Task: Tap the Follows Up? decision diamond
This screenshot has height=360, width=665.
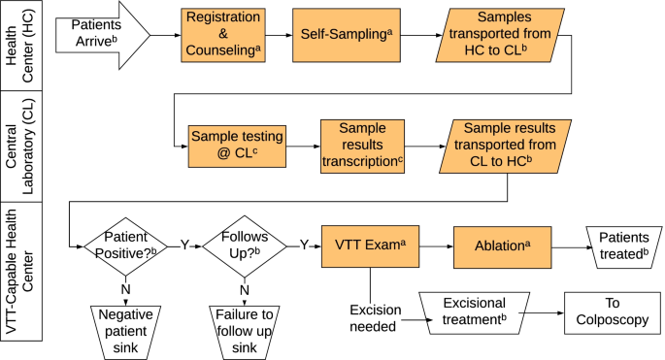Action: coord(244,245)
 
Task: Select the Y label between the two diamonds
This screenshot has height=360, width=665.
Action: coord(183,245)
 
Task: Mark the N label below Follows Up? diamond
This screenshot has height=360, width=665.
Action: coord(245,288)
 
